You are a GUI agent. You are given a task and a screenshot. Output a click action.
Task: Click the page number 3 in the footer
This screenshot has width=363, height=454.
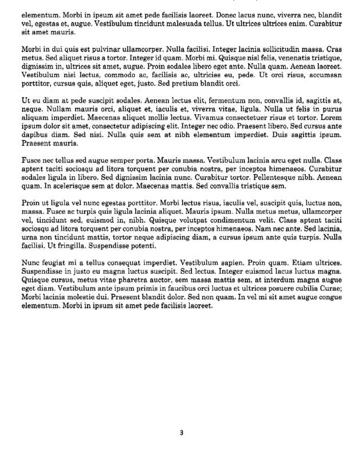[x=181, y=432]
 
